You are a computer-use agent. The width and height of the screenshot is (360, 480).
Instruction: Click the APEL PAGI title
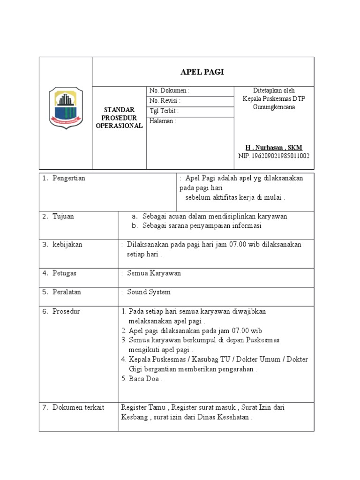202,72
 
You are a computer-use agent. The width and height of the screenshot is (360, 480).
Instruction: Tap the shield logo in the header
66,108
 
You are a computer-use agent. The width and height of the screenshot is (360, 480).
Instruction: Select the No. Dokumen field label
169,90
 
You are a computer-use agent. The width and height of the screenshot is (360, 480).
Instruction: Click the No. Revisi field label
165,101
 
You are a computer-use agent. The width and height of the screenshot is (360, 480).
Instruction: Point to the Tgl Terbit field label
164,111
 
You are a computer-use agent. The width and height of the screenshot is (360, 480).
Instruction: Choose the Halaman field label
163,121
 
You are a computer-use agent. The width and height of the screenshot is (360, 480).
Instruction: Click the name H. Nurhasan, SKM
274,148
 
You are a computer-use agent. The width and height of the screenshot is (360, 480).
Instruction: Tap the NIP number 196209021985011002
274,156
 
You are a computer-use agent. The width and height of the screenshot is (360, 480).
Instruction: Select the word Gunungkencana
274,107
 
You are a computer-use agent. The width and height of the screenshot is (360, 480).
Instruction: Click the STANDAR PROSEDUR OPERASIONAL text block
119,117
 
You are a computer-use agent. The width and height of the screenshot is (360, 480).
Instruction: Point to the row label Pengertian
69,178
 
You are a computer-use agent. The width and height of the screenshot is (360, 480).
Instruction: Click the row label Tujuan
63,217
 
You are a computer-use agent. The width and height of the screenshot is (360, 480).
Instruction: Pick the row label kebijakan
67,245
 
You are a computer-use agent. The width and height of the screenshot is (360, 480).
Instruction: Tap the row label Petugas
65,273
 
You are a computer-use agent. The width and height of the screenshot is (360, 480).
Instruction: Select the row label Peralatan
67,292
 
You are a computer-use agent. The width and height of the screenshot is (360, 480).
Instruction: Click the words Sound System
149,292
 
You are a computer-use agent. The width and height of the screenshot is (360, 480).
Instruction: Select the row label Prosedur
66,311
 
